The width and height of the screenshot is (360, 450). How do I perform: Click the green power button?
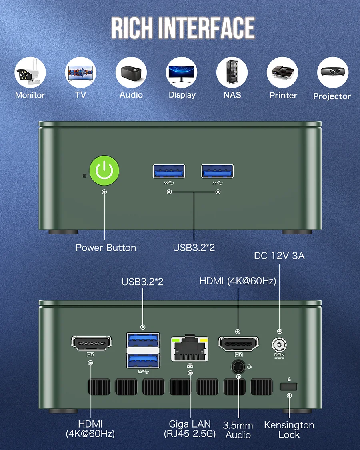tap(104, 171)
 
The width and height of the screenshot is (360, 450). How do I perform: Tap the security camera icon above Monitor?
tap(30, 73)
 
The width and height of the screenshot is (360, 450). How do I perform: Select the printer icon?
tap(283, 73)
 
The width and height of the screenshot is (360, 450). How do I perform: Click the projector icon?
tap(332, 72)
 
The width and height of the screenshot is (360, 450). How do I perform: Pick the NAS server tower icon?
tap(232, 72)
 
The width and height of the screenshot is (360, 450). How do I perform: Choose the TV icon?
tap(80, 72)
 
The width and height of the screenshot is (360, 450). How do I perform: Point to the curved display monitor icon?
tap(182, 72)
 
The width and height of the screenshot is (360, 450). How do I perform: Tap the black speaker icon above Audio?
tap(131, 72)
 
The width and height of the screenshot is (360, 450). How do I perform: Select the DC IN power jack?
tap(279, 344)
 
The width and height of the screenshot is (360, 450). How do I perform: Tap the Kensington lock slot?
tap(289, 386)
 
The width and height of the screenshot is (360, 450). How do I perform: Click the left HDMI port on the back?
tap(91, 343)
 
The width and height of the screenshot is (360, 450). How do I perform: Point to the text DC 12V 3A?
tap(279, 256)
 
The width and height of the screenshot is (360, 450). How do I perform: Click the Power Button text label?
tap(106, 248)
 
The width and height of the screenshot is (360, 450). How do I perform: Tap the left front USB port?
tap(169, 171)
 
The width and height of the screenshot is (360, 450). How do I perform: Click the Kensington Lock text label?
tap(289, 430)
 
